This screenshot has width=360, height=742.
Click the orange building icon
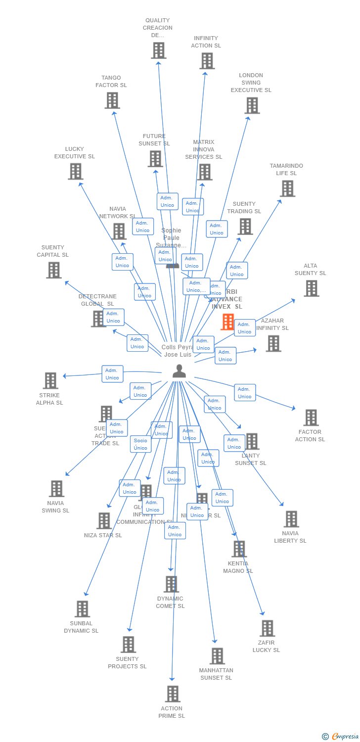[227, 322]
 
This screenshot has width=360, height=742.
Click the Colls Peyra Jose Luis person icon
[179, 371]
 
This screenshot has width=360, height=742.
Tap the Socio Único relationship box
[140, 444]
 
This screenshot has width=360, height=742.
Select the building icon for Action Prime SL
[173, 694]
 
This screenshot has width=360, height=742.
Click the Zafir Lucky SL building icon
[267, 628]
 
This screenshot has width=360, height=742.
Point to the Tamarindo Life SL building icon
[287, 188]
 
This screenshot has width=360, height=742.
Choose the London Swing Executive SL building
[252, 105]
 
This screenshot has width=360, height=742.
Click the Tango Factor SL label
[111, 82]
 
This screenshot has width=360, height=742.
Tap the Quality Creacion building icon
[158, 50]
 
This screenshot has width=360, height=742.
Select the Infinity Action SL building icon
[207, 61]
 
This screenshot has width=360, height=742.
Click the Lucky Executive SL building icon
[75, 172]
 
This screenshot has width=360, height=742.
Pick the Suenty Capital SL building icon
[54, 270]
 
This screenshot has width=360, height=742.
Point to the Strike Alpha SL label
[49, 399]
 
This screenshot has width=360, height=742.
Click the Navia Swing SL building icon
[56, 489]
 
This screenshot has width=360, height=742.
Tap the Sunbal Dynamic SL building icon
[82, 609]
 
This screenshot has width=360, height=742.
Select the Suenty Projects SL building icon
[128, 645]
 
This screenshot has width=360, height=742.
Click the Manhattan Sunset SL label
[216, 674]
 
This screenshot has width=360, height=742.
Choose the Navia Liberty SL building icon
[291, 519]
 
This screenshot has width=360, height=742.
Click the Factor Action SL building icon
[311, 417]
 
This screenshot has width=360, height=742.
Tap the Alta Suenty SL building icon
[311, 288]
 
